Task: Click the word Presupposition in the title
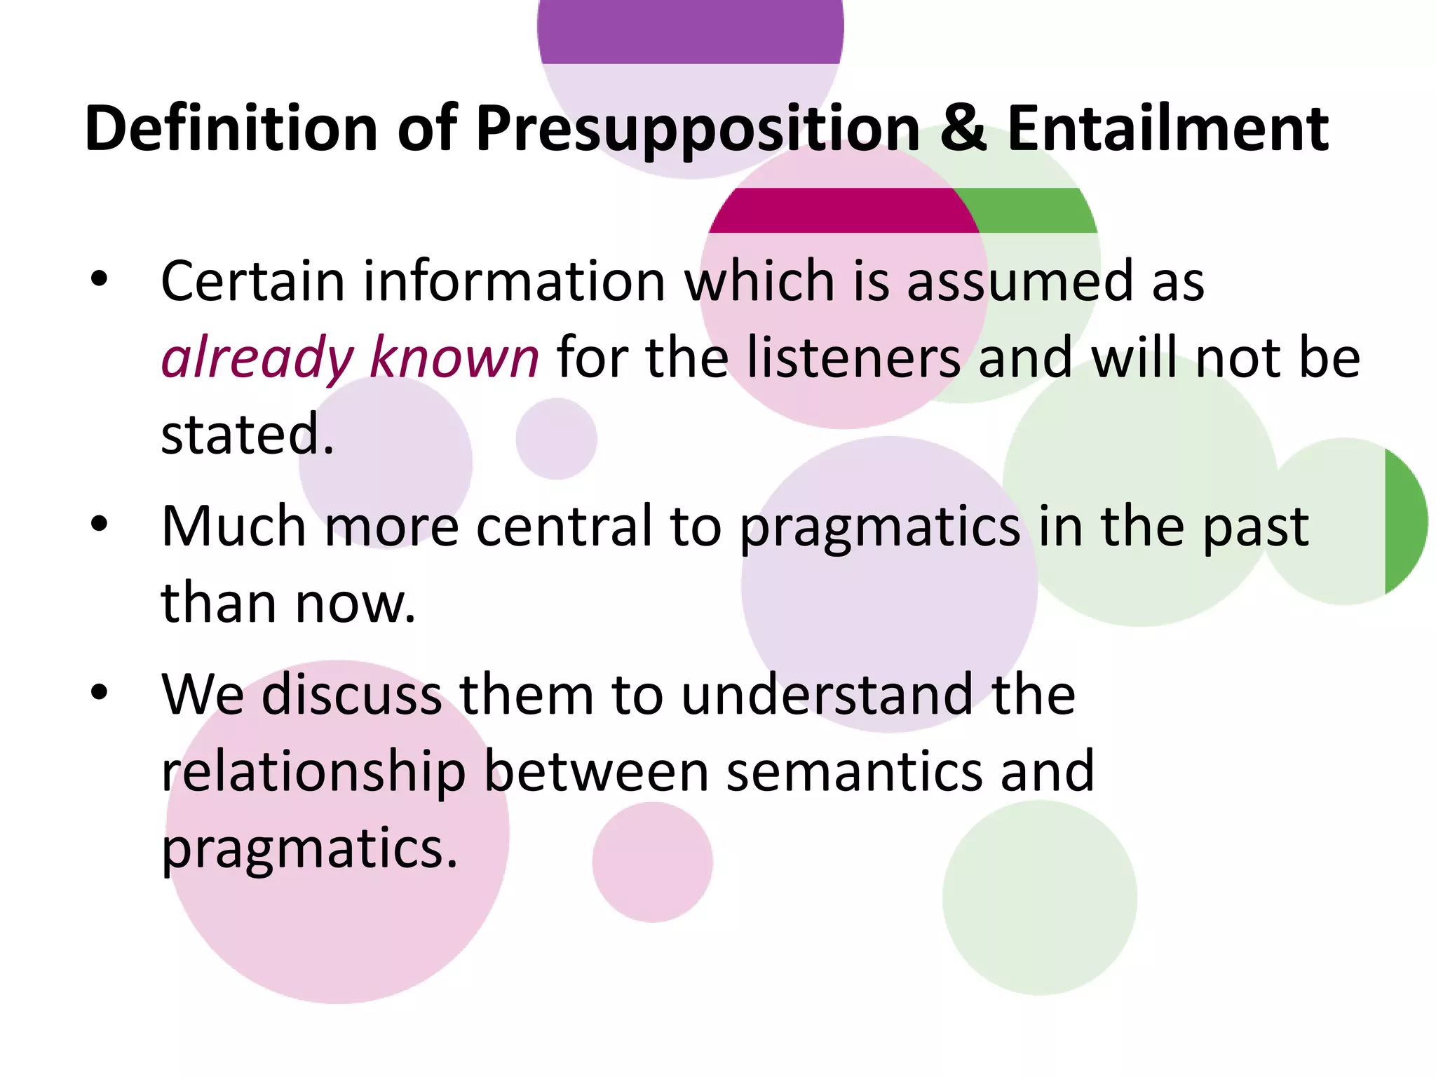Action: (x=698, y=130)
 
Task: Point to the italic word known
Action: (x=454, y=358)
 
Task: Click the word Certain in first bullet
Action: (x=252, y=281)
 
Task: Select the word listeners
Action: (x=853, y=358)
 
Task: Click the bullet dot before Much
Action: (x=100, y=524)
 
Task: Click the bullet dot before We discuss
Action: (x=100, y=692)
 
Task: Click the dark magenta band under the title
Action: (x=841, y=210)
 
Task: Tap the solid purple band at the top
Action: (x=691, y=32)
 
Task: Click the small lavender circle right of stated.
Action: (x=556, y=439)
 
